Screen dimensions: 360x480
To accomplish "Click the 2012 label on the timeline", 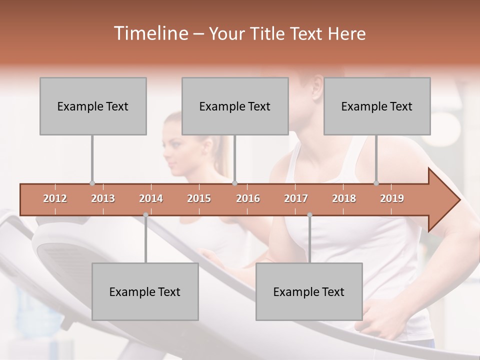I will (55, 198).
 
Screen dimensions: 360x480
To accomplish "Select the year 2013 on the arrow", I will (103, 198).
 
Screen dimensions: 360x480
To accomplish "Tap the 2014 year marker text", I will (151, 198).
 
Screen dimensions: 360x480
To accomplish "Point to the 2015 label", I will (199, 198).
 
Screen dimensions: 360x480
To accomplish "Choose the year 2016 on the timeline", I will (248, 198).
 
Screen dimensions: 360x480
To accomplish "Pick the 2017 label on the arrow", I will (296, 198).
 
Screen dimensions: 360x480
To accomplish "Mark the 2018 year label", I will (344, 198).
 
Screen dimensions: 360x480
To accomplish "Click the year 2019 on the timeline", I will (392, 198).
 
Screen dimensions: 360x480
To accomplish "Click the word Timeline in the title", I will (150, 33).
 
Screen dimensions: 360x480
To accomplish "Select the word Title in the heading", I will (269, 33).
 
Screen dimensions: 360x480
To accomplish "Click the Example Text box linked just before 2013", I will (93, 106).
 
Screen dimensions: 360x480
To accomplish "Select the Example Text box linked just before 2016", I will (235, 106).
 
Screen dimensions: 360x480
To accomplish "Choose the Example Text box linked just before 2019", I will (377, 106).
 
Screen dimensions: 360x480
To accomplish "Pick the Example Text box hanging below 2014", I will (145, 291).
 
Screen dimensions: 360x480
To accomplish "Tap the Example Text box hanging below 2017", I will (309, 291).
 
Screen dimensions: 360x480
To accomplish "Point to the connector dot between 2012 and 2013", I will (92, 183).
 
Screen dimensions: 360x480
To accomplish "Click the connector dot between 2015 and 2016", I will (235, 183).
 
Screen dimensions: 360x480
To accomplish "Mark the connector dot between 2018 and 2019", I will (376, 183).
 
